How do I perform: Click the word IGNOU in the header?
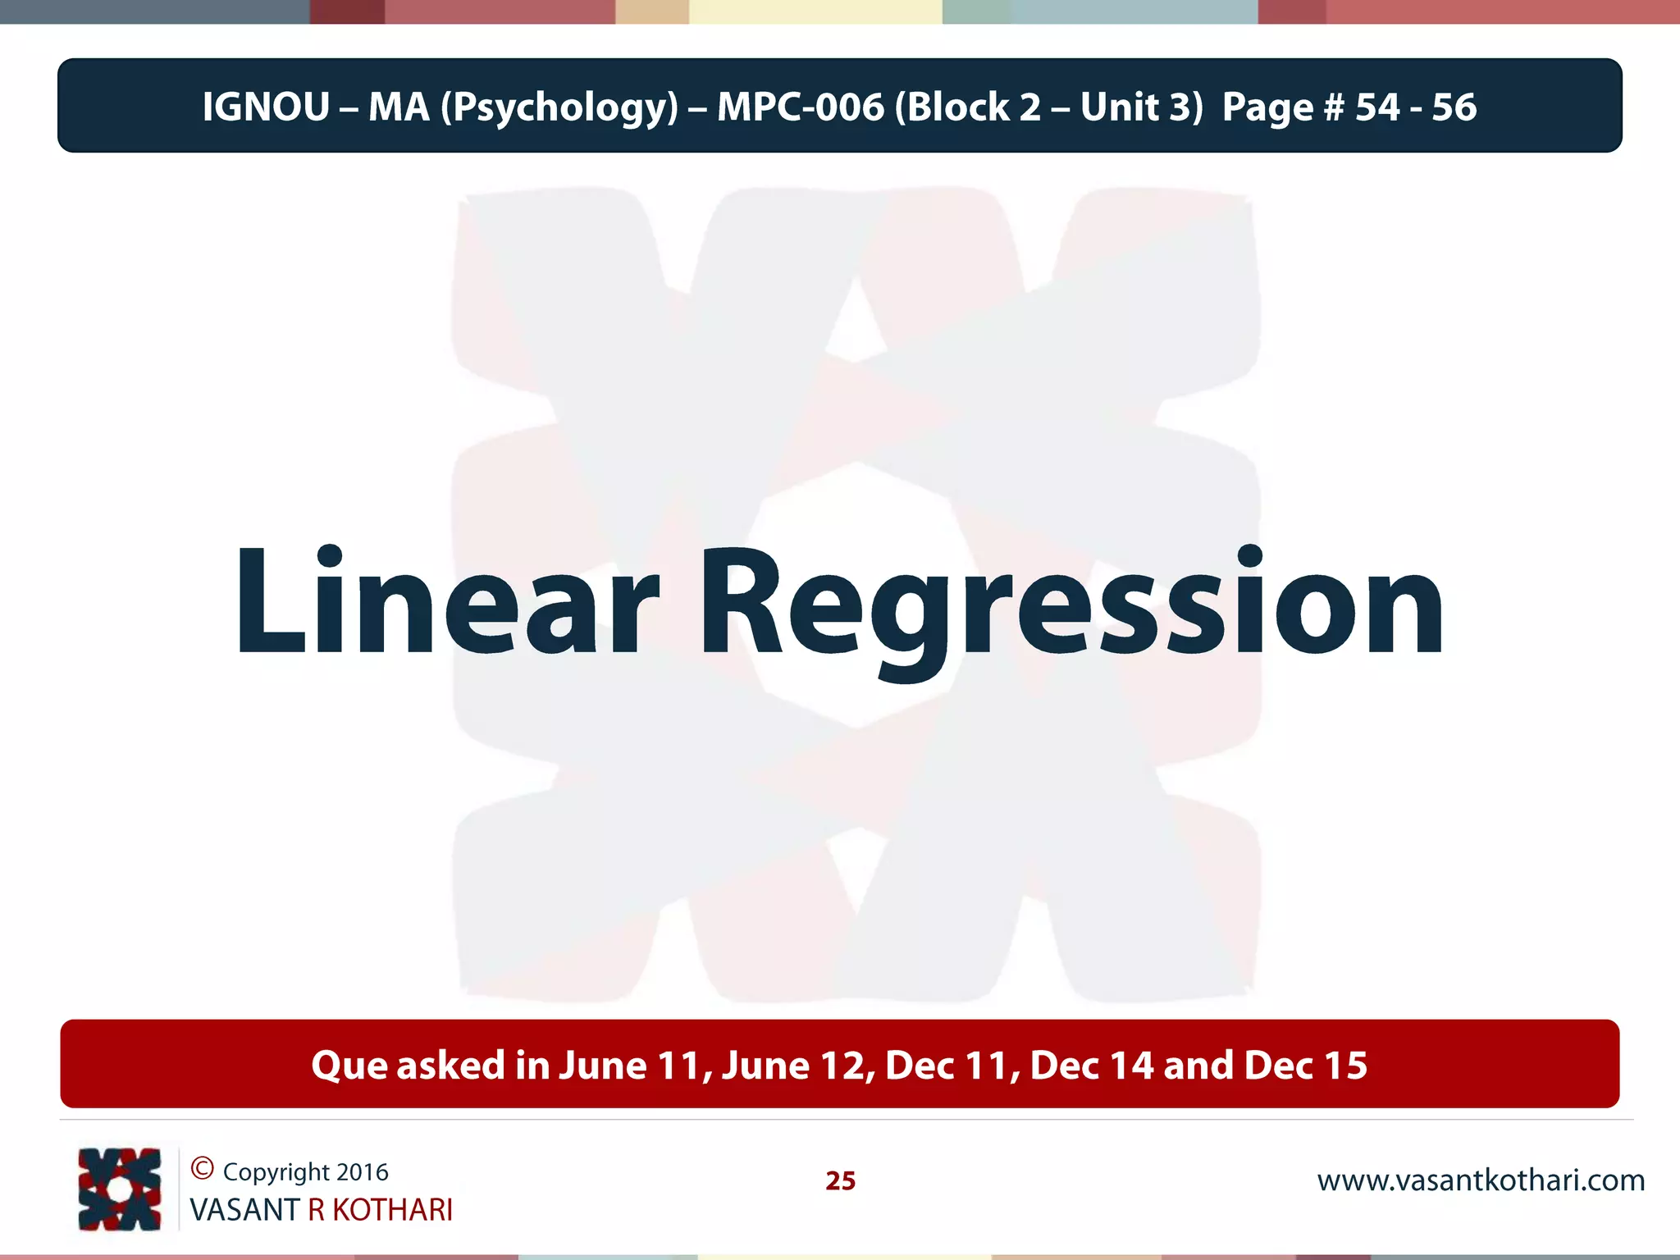click(x=266, y=107)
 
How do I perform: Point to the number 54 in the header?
click(x=1377, y=107)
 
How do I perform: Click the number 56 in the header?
click(x=1454, y=107)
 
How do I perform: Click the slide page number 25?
click(x=840, y=1180)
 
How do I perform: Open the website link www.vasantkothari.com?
click(x=1481, y=1180)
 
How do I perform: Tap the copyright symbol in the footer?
click(x=202, y=1168)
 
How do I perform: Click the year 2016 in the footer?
click(x=363, y=1172)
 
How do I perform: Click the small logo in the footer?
click(x=120, y=1189)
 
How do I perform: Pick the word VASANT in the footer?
click(x=244, y=1210)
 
